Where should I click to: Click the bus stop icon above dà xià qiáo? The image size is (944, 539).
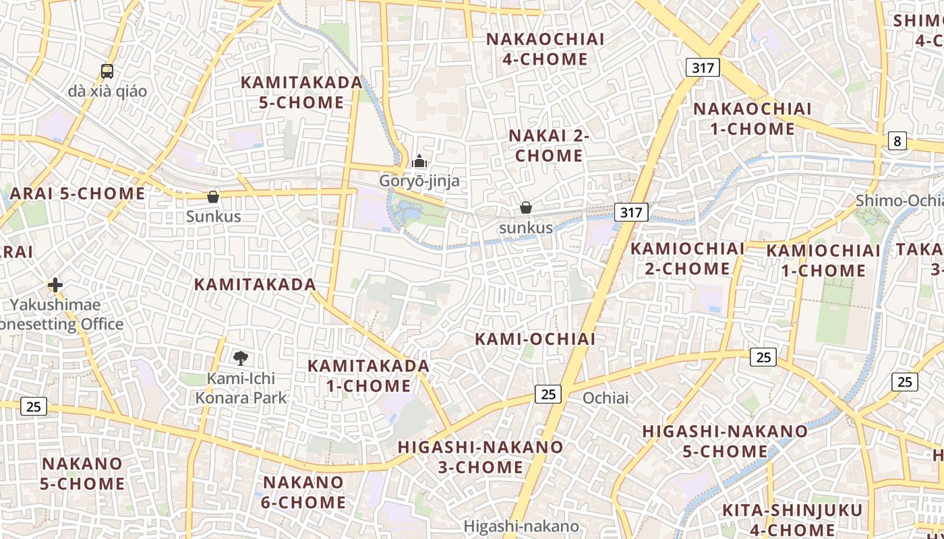[107, 71]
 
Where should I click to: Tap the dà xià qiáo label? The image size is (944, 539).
[107, 91]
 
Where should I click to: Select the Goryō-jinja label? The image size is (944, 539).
[419, 181]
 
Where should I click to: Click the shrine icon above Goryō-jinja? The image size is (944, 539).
[419, 162]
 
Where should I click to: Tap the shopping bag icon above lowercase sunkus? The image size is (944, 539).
[526, 208]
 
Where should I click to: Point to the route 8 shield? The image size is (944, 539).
[897, 141]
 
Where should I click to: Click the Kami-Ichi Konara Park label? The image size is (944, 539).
[241, 388]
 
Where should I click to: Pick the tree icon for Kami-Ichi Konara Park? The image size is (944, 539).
[240, 358]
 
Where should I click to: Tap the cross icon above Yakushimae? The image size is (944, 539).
[55, 285]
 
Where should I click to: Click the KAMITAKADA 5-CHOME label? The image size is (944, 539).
[301, 92]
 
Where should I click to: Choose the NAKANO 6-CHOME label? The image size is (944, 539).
[304, 493]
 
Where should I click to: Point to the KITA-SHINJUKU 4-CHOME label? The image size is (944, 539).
[792, 520]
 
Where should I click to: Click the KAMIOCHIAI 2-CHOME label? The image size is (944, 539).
[687, 259]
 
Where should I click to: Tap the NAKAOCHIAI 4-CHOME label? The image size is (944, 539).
[545, 49]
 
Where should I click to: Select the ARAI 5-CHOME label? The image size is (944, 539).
[78, 194]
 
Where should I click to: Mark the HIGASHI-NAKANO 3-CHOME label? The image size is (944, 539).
[480, 457]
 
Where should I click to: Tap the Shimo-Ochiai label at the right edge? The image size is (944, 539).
[899, 201]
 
